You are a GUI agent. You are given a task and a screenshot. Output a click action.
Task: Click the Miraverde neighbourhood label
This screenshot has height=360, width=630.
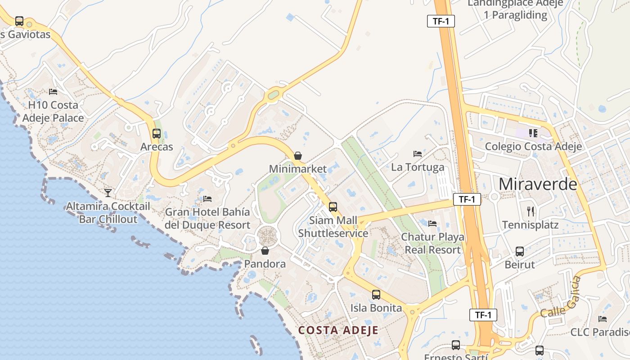pyautogui.click(x=538, y=184)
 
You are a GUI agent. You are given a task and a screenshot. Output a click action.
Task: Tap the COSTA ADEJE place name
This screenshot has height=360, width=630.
pyautogui.click(x=338, y=330)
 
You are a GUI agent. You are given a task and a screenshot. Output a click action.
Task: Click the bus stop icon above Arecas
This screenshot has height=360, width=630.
pyautogui.click(x=157, y=134)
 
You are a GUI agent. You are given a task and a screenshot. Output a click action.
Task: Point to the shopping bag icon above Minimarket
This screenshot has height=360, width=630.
pyautogui.click(x=297, y=156)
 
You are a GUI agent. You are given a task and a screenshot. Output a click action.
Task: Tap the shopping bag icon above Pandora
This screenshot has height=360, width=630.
pyautogui.click(x=265, y=251)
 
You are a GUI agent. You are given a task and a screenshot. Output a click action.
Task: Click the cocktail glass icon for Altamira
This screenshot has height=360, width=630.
pyautogui.click(x=108, y=193)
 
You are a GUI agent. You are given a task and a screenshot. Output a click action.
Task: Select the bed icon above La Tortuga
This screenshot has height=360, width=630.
pyautogui.click(x=418, y=154)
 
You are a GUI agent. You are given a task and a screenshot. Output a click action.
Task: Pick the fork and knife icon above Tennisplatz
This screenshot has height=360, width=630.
pyautogui.click(x=531, y=211)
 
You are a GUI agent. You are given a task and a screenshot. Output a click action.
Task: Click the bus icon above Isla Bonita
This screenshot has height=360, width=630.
pyautogui.click(x=376, y=295)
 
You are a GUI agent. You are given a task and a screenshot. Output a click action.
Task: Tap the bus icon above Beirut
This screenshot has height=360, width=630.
pyautogui.click(x=520, y=251)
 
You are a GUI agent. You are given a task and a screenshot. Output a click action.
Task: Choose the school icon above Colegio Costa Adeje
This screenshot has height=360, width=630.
pyautogui.click(x=533, y=133)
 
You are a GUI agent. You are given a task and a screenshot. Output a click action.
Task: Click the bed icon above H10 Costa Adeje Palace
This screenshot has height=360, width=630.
pyautogui.click(x=53, y=92)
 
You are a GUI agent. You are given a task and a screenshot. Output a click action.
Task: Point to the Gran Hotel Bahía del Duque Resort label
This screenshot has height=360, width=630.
pyautogui.click(x=207, y=218)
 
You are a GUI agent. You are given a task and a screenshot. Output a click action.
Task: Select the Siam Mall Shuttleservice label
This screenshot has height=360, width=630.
pyautogui.click(x=333, y=227)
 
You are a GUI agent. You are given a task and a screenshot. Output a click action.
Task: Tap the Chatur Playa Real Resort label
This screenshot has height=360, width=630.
pyautogui.click(x=433, y=243)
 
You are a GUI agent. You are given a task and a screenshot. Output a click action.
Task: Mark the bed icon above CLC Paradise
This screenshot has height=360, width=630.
pyautogui.click(x=602, y=319)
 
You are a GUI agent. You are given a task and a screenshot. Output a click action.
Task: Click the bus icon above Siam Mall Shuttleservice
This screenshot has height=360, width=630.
pyautogui.click(x=333, y=207)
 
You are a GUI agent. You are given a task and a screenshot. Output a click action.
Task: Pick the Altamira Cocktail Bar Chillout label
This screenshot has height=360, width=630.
pyautogui.click(x=108, y=213)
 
